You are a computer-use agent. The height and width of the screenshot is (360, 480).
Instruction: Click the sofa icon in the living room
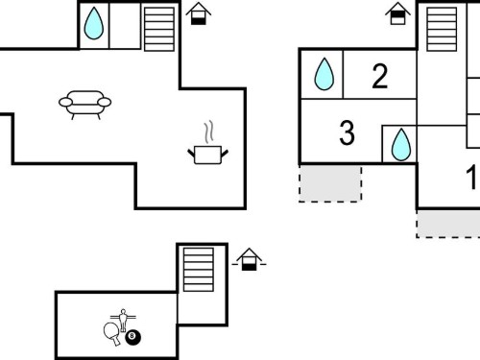[x=84, y=104]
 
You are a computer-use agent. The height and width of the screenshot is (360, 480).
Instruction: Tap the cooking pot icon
[x=207, y=156]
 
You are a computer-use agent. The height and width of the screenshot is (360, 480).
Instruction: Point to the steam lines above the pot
[x=208, y=132]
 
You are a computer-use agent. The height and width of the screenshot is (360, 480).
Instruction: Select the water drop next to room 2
[x=324, y=74]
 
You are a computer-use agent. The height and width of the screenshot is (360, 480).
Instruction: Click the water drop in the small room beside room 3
[x=401, y=145]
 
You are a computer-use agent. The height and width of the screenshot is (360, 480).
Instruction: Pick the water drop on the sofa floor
[x=94, y=23]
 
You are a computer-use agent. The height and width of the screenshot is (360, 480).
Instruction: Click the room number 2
[x=380, y=76]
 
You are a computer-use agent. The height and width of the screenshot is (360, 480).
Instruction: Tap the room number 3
[x=347, y=132]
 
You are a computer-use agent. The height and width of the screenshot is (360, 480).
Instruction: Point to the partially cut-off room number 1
[x=473, y=177]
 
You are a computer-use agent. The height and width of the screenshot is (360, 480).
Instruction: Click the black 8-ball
[x=132, y=337]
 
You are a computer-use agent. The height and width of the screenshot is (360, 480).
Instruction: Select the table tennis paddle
[x=112, y=333]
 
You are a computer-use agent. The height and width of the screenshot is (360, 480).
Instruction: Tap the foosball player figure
[x=123, y=320]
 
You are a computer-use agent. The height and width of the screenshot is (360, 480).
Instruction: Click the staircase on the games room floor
[x=199, y=270]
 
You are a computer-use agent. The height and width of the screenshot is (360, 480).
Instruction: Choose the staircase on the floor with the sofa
[x=159, y=29]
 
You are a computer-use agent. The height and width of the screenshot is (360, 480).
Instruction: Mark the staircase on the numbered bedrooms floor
[x=442, y=29]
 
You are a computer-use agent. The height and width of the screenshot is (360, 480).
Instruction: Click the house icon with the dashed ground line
[x=249, y=259]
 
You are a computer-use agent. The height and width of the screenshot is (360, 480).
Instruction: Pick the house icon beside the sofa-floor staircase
[x=199, y=13]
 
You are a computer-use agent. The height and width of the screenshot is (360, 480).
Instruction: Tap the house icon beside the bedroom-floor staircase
[x=397, y=13]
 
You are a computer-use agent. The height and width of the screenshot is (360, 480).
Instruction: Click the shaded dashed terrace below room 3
[x=330, y=183]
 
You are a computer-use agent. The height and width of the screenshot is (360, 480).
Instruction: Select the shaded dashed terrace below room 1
[x=448, y=225]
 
